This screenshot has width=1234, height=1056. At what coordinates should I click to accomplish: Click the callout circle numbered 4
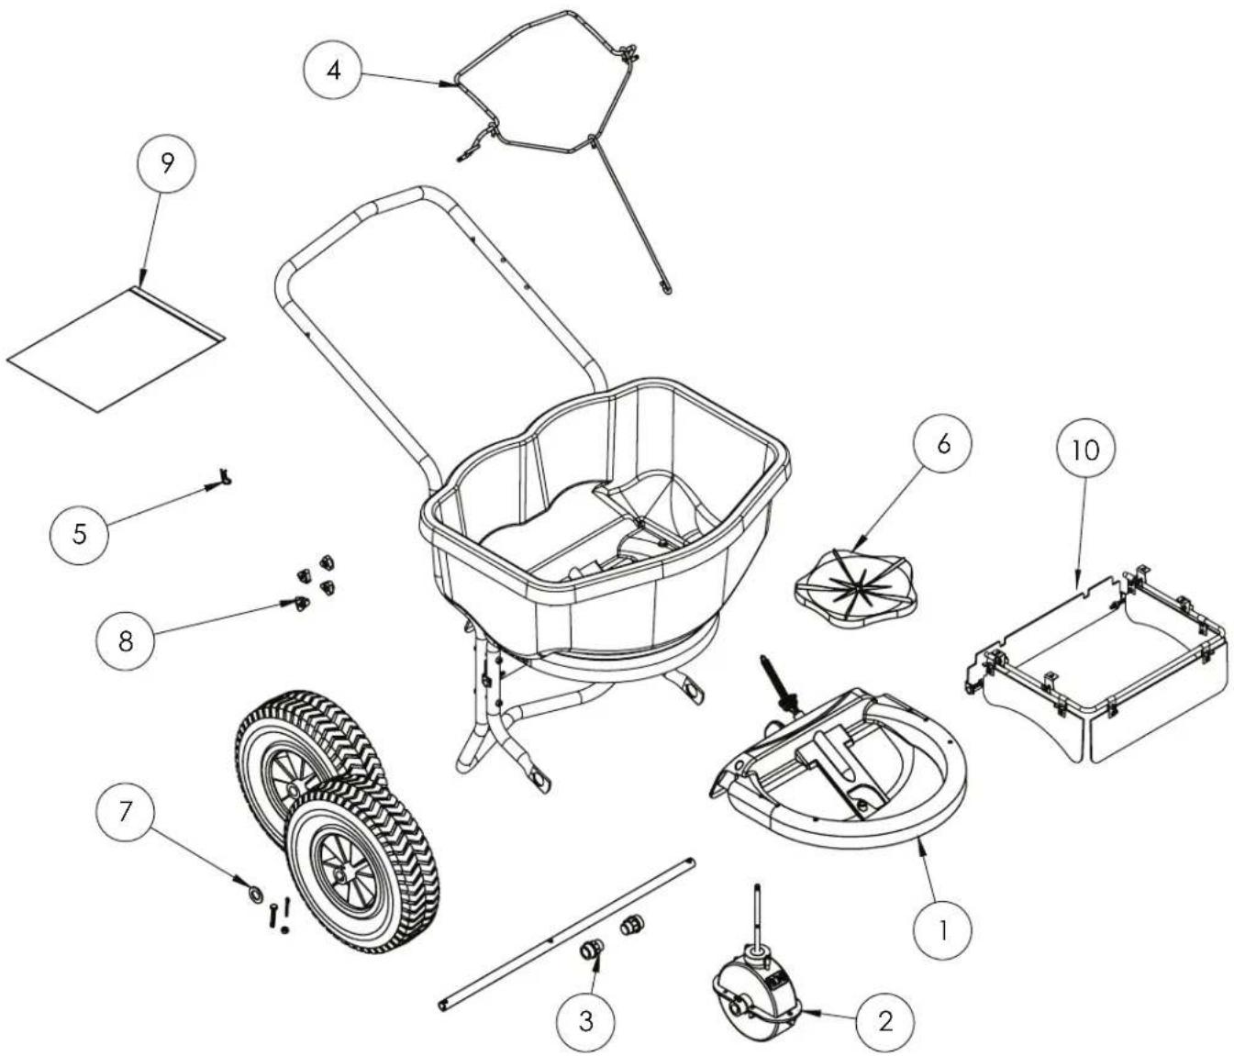pos(335,71)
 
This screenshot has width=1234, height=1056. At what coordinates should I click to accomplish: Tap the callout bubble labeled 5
pos(80,533)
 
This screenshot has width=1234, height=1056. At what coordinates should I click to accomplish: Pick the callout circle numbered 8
pos(126,639)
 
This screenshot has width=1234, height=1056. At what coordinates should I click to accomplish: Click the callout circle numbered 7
pos(126,810)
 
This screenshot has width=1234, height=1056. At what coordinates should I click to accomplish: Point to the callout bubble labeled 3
pos(586,1020)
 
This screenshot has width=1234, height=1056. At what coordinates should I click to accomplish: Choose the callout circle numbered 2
pos(884,1020)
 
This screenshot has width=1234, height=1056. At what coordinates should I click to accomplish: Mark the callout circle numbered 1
pos(944,929)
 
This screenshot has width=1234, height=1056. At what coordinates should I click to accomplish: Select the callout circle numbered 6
pos(942,443)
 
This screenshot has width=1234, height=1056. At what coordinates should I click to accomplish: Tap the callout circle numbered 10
pos(1084,450)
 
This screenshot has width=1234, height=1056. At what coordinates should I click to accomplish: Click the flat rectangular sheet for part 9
pos(117,349)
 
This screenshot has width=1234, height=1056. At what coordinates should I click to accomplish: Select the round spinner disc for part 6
pos(855,584)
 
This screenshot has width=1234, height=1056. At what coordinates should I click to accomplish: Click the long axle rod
pos(566,933)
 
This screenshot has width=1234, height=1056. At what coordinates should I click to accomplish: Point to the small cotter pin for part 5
pos(222,476)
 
